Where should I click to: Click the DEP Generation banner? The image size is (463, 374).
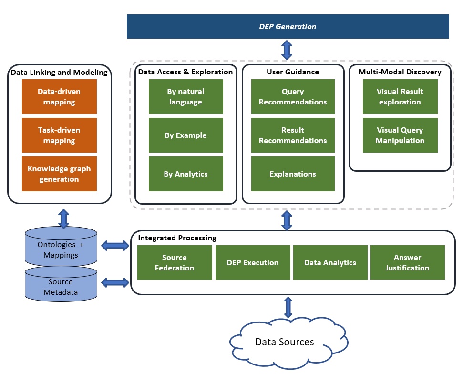click(288, 26)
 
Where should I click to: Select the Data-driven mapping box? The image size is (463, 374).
click(59, 96)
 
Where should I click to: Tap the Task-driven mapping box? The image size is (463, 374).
click(59, 135)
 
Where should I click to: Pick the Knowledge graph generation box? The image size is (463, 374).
click(59, 174)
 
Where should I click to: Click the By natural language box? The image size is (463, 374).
click(185, 96)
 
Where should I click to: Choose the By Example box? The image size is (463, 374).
click(185, 135)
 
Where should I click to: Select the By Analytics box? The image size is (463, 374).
click(185, 174)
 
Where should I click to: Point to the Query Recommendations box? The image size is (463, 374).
click(292, 96)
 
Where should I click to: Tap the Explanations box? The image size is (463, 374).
click(292, 174)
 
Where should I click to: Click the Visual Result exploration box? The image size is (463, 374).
click(400, 96)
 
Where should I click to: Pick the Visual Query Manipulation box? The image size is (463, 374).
click(400, 135)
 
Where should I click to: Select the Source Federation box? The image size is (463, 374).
click(175, 262)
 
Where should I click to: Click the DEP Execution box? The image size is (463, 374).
click(253, 262)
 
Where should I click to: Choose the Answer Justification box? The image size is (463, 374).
click(407, 262)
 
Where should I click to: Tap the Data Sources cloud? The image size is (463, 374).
click(284, 342)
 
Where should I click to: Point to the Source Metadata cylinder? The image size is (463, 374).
click(61, 286)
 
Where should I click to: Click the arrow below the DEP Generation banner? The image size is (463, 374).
click(287, 50)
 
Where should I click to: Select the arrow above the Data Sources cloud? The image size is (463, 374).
click(288, 308)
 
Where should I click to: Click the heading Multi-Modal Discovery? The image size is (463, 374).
click(400, 72)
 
